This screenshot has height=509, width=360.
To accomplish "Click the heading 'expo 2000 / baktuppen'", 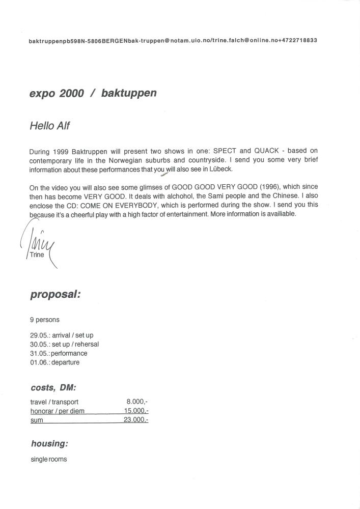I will [x=93, y=93].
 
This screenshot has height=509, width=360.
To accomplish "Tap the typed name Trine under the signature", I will [x=37, y=254].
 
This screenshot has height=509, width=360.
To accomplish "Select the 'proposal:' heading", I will [x=55, y=294].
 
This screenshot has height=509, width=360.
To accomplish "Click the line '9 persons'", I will [x=45, y=320].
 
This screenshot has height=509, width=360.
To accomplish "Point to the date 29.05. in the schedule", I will [x=39, y=335].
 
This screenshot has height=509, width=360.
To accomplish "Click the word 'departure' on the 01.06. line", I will [x=65, y=362].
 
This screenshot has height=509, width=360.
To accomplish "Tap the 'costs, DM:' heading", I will [x=53, y=387].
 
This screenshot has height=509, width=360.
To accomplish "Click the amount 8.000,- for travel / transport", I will [x=137, y=402].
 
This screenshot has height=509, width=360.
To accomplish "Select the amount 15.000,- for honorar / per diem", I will [x=136, y=411].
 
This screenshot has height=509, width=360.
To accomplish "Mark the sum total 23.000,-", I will [x=136, y=420].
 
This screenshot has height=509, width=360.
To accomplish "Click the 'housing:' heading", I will [x=49, y=443].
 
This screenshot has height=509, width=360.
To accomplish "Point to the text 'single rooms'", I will [x=48, y=459].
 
